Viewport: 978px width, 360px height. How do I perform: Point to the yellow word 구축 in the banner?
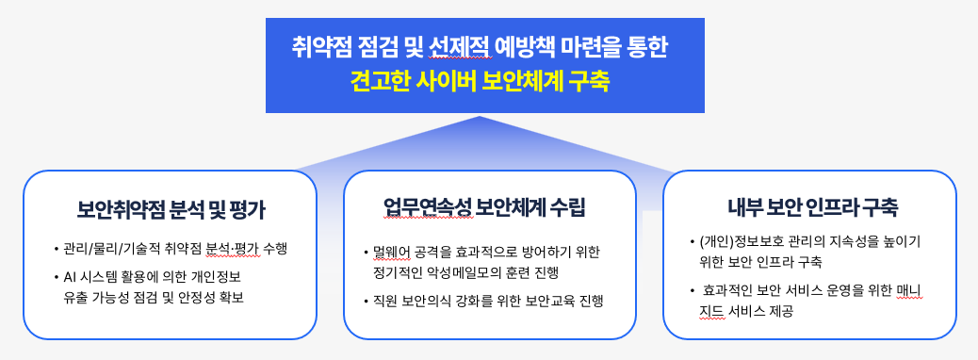[x=588, y=82]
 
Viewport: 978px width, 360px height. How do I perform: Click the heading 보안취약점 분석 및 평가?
[x=171, y=209]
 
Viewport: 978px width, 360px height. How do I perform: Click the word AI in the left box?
[x=69, y=276]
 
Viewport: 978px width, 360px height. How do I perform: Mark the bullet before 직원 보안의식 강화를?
[x=367, y=302]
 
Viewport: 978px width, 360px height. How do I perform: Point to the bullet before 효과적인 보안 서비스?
[x=693, y=291]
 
